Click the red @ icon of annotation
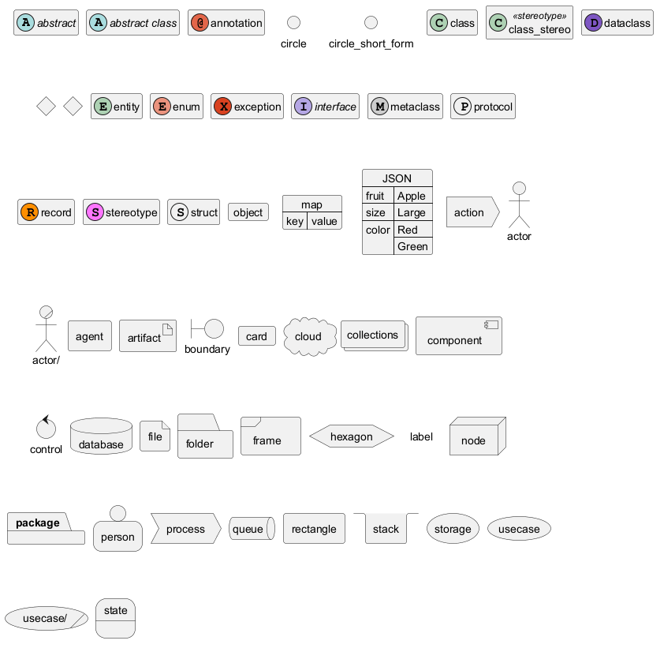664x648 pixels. point(200,23)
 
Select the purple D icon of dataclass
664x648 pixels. point(593,23)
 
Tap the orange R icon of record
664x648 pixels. point(29,212)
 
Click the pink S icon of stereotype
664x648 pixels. point(95,212)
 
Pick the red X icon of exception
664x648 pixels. point(222,107)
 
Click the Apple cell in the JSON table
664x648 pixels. point(412,196)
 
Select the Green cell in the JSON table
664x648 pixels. point(412,246)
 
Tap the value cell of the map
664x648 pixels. point(324,221)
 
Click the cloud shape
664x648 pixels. point(308,336)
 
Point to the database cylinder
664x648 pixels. point(101,436)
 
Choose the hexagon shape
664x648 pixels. point(351,436)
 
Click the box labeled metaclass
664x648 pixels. point(405,107)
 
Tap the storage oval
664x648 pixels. point(453,529)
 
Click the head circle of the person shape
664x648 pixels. point(118,513)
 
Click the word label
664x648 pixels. point(421,436)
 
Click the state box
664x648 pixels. point(116,618)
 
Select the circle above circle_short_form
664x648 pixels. point(371,22)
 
